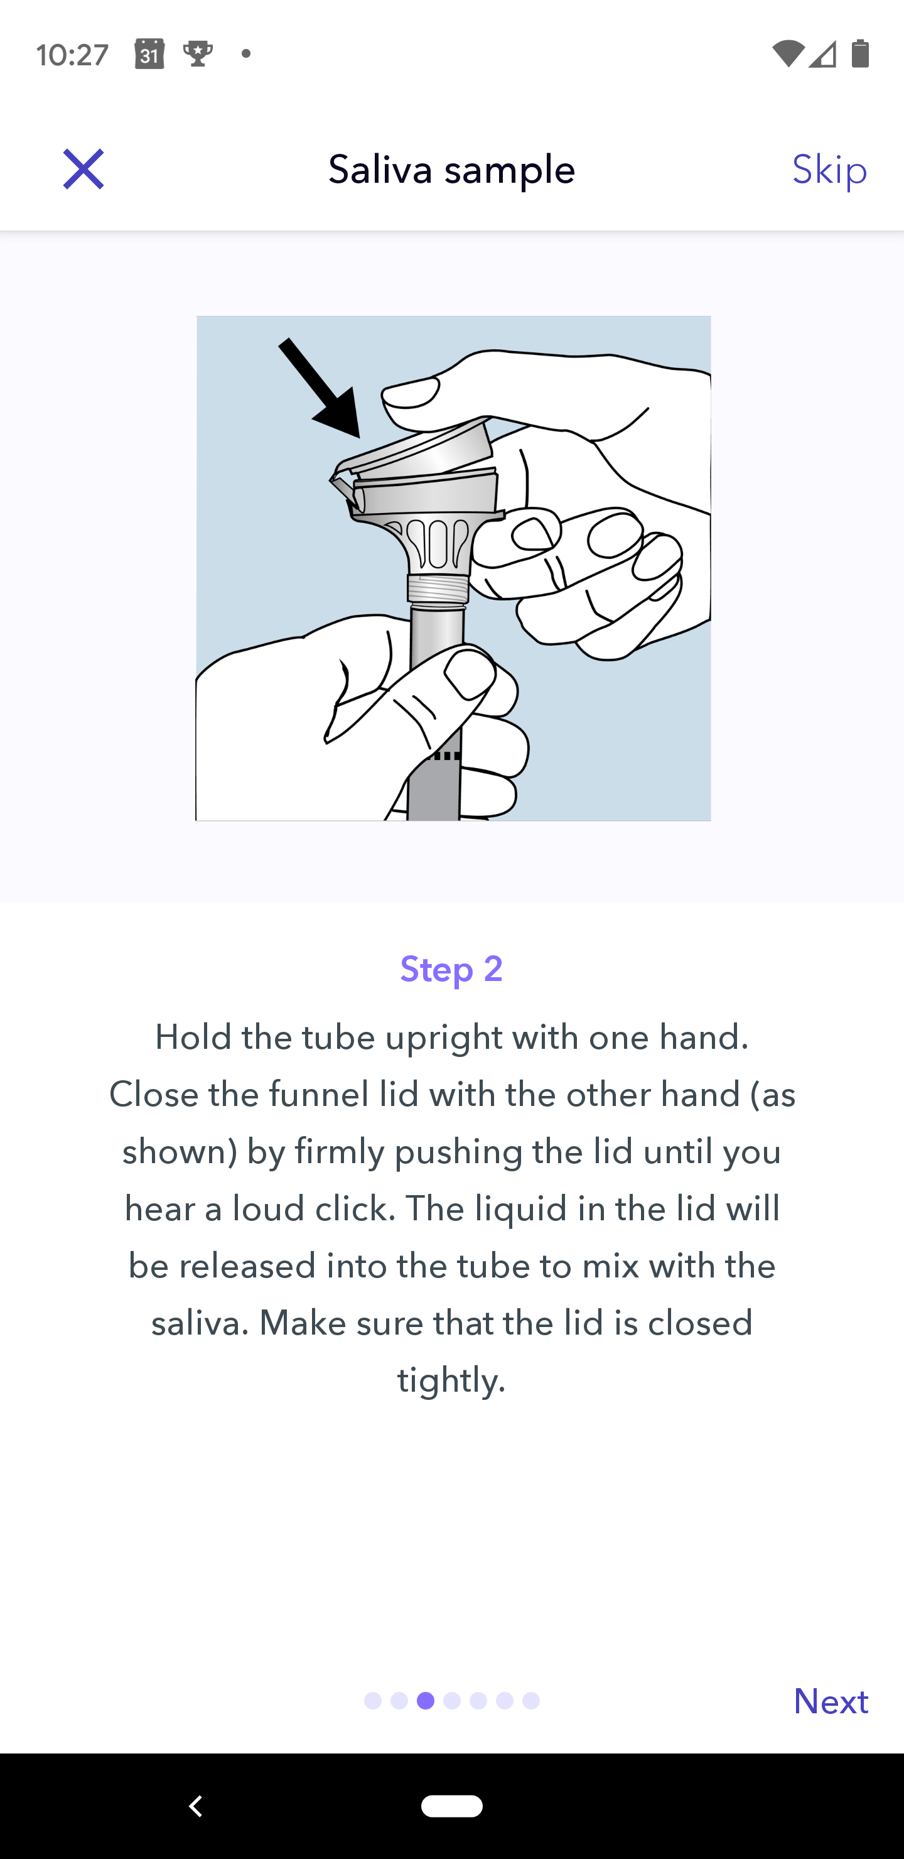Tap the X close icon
coord(83,170)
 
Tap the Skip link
coord(830,170)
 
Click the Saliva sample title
coord(451,170)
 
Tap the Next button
coord(831,1701)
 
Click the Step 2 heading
coord(451,968)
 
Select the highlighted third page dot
coord(426,1701)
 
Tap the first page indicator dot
coord(373,1701)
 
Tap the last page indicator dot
coord(531,1701)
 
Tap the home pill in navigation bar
coord(451,1806)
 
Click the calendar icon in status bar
coord(149,54)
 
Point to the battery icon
coord(860,53)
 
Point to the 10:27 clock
coord(72,55)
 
